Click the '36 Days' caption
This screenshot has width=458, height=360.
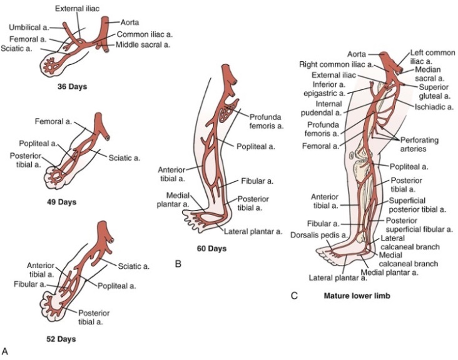tap(70, 87)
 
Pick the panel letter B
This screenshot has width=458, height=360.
tap(179, 264)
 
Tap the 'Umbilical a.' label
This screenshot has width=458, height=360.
tap(29, 27)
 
